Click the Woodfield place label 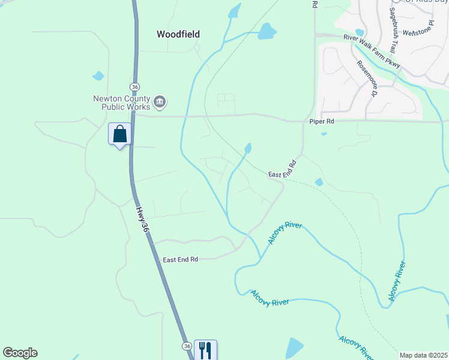click(x=178, y=34)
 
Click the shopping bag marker click(x=120, y=134)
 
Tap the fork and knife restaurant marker click(x=205, y=350)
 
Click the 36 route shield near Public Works click(x=135, y=87)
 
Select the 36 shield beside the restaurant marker click(x=187, y=347)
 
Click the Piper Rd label click(x=321, y=121)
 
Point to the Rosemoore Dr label click(x=366, y=79)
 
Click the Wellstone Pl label click(x=418, y=31)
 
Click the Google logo click(x=20, y=353)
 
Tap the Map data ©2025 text click(x=423, y=355)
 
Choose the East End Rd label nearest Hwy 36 click(x=180, y=260)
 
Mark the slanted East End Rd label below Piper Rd click(x=283, y=169)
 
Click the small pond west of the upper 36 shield click(x=98, y=76)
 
